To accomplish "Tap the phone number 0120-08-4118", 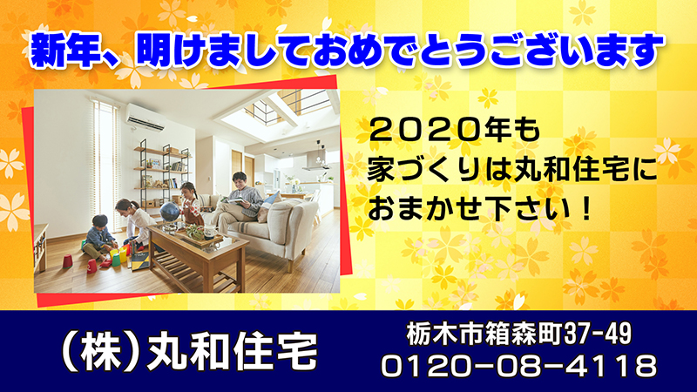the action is pyautogui.click(x=518, y=366).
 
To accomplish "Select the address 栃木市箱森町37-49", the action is pyautogui.click(x=518, y=334).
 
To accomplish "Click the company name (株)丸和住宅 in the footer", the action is pyautogui.click(x=188, y=351).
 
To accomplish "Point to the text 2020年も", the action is pyautogui.click(x=455, y=130).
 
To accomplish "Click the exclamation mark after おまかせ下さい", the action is pyautogui.click(x=587, y=208).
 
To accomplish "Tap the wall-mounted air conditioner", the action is pyautogui.click(x=145, y=117).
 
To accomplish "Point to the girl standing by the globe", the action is pyautogui.click(x=190, y=204).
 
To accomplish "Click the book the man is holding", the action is pyautogui.click(x=233, y=201).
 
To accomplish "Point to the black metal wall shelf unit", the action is pyautogui.click(x=163, y=171).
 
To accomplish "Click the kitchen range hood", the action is pyautogui.click(x=316, y=163).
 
